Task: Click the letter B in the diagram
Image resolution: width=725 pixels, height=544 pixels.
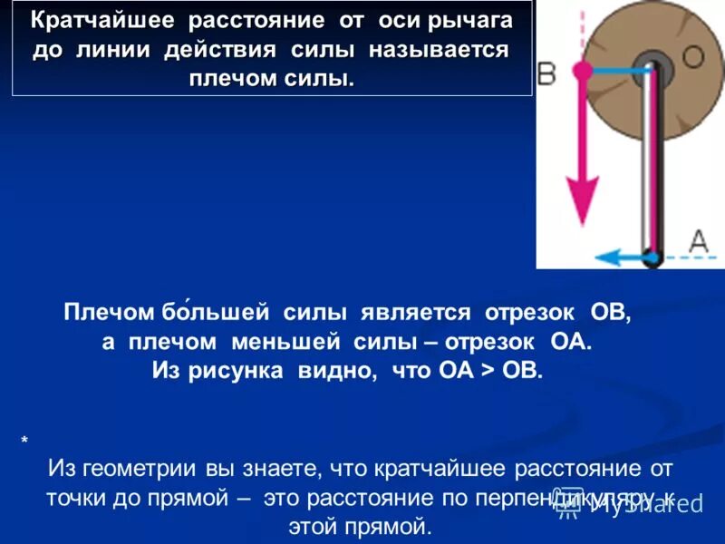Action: [546, 73]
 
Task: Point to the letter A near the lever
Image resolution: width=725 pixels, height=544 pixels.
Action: [698, 240]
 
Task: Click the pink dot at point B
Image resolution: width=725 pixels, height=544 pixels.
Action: [584, 69]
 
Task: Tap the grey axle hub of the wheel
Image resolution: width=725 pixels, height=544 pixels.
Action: [650, 65]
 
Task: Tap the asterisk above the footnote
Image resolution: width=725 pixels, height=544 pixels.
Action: [24, 442]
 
